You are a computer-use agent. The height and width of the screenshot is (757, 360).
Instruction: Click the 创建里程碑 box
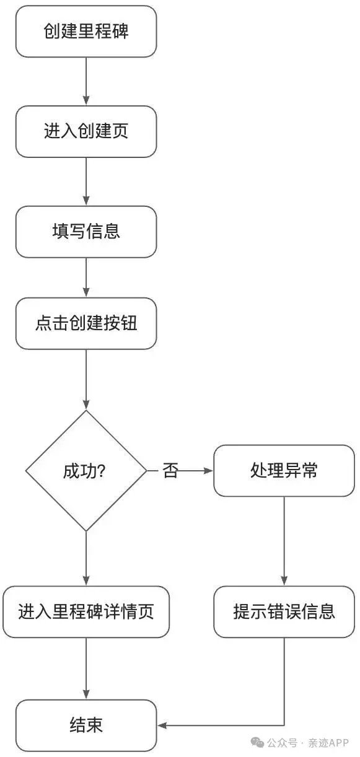coord(86,32)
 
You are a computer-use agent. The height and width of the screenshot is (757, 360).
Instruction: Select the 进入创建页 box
coord(86,131)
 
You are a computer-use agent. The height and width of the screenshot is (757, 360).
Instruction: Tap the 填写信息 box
coord(86,232)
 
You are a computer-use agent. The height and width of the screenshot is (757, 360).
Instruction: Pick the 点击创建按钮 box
coord(86,323)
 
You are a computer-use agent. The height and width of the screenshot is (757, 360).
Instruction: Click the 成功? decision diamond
coord(86,470)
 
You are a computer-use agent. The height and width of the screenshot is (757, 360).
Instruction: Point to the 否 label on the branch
coord(170,470)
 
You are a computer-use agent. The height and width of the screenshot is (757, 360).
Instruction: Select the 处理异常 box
coord(284,470)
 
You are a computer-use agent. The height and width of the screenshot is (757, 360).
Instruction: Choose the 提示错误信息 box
coord(284,611)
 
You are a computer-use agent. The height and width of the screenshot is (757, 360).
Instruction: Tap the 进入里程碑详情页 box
coord(86,611)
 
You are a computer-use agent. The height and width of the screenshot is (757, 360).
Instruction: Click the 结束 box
coord(86,725)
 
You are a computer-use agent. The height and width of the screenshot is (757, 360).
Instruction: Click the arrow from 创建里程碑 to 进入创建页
coord(86,81)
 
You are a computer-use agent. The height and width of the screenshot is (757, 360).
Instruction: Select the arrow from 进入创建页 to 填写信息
coord(86,182)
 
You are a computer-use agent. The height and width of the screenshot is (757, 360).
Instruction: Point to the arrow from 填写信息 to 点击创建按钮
coord(86,278)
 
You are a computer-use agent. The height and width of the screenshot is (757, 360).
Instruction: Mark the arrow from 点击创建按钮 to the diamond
coord(86,380)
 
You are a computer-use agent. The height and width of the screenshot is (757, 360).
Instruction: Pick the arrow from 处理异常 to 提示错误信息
coord(284,541)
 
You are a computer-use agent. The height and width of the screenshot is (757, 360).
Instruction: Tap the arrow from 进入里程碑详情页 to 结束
coord(86,668)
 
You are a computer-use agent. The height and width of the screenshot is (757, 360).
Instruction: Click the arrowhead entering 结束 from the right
coord(162,725)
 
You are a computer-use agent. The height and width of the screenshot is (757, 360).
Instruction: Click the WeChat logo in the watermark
coord(257,743)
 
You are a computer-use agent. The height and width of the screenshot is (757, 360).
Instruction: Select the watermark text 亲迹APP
coord(328,743)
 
